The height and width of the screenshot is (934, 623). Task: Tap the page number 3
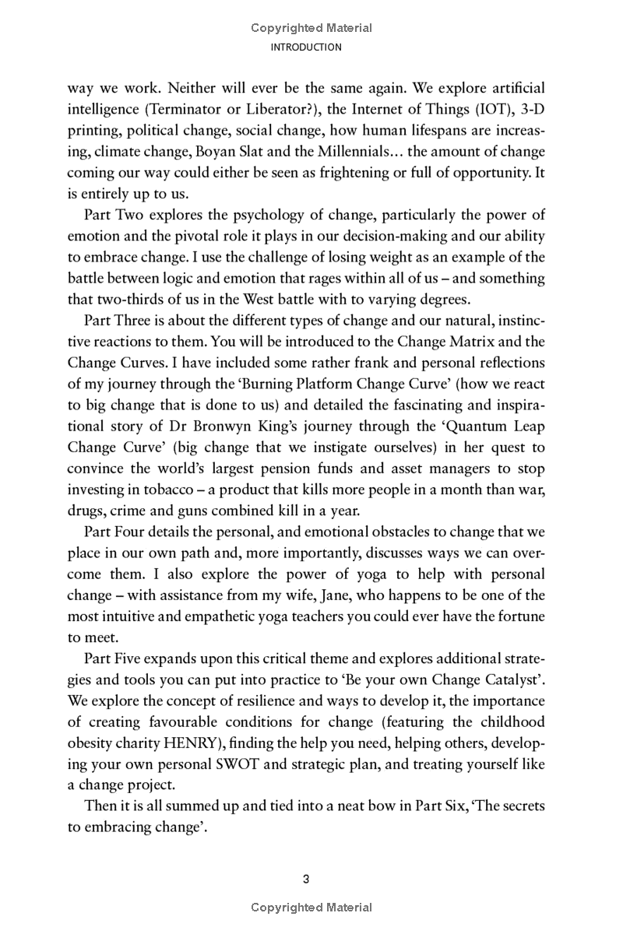pos(306,880)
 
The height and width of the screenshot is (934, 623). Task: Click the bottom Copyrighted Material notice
pos(311,908)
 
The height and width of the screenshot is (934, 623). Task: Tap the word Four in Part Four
pos(136,532)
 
